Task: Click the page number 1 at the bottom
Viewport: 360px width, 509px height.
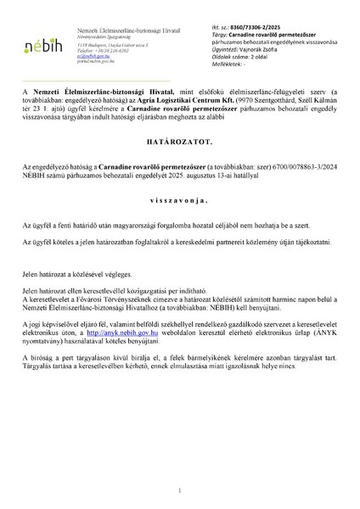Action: coord(180,491)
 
